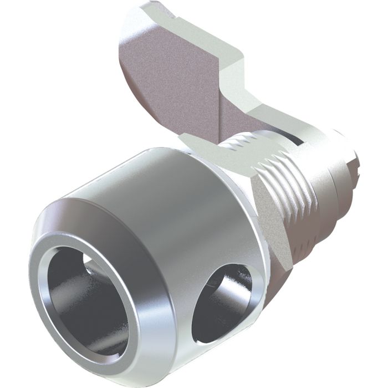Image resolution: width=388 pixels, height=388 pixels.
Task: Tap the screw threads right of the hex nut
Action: coord(305,205)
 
